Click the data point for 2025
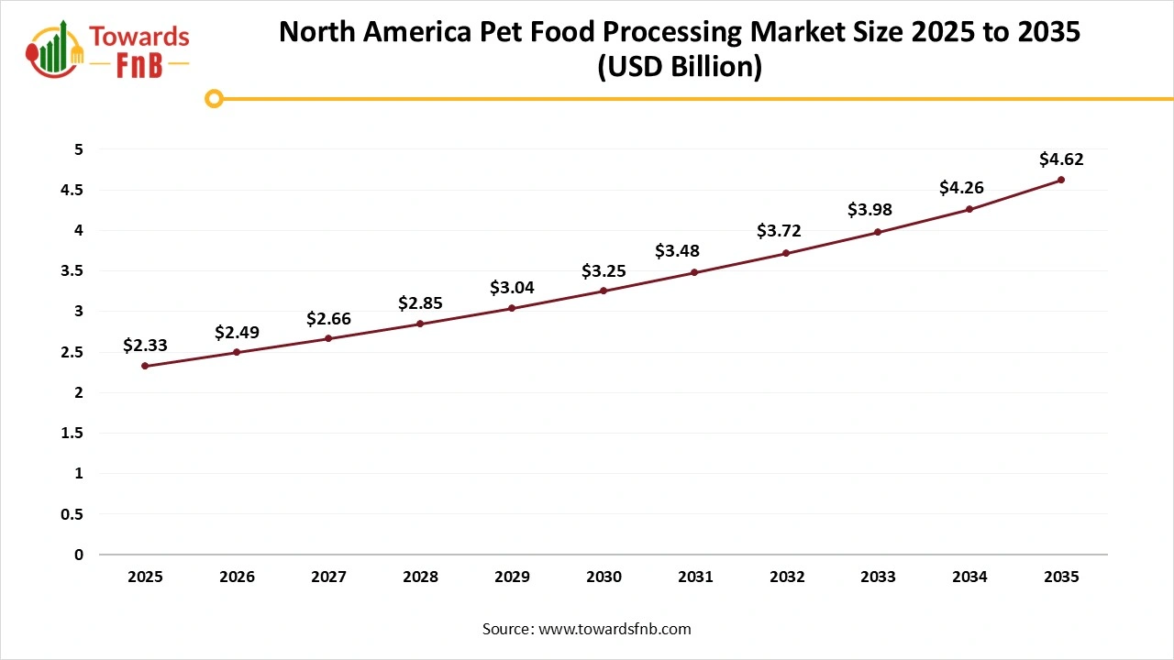click(x=145, y=366)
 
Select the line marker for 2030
click(x=604, y=291)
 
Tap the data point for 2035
click(x=1061, y=180)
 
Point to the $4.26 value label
click(x=961, y=188)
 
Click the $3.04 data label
click(x=512, y=288)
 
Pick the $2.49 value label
click(x=237, y=332)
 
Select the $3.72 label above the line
click(x=779, y=231)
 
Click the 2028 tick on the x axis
click(x=420, y=577)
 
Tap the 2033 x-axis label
click(x=878, y=577)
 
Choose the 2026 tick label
click(x=237, y=577)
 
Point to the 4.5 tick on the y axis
click(x=72, y=190)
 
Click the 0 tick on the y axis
click(x=79, y=555)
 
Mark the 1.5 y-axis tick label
click(x=72, y=433)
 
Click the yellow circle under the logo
click(x=215, y=98)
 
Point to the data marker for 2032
click(x=787, y=253)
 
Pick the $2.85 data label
click(x=420, y=302)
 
